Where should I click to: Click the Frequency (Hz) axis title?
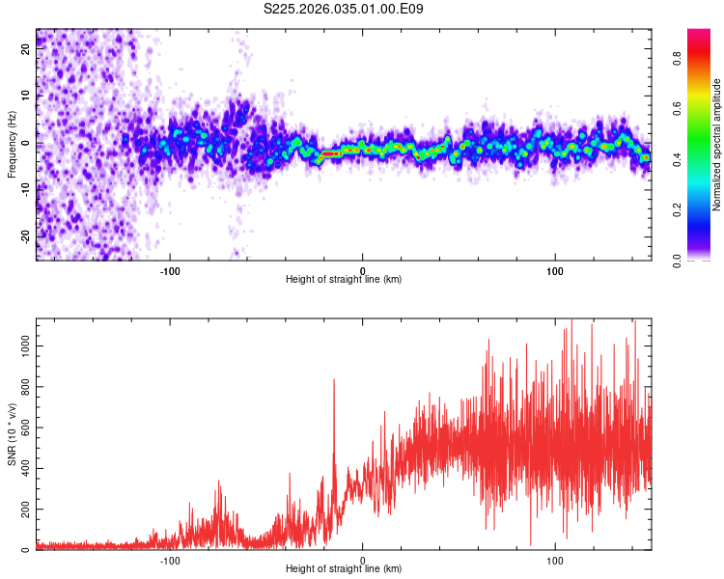pos(12,144)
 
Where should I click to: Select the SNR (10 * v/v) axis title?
pos(12,434)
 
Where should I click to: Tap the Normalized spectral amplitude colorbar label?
pos(716,144)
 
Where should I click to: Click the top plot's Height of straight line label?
pos(344,279)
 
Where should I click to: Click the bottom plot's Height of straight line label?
pos(344,568)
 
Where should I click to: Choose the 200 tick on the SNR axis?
pos(21,509)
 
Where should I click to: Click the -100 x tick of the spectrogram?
pos(171,269)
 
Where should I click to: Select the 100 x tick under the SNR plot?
pos(555,559)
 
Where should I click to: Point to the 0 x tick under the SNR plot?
pos(363,559)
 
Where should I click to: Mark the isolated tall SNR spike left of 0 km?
pos(334,381)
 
